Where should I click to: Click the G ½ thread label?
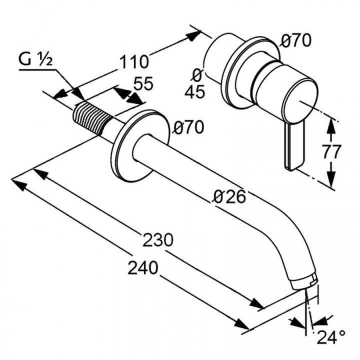point(36,60)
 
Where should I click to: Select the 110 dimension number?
point(134,62)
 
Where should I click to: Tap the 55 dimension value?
point(143,83)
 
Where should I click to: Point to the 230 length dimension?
point(157,239)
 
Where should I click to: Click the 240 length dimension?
point(143,267)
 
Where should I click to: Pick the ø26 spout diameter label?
point(229,197)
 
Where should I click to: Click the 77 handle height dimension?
point(331,152)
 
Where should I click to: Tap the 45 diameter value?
point(194,92)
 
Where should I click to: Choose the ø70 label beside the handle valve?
point(296,40)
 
